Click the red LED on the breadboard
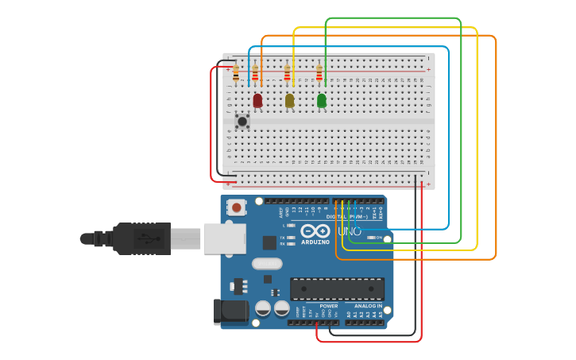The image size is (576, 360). coord(257,100)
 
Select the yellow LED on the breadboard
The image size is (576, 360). coord(289,100)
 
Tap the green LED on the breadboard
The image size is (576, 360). coord(321,100)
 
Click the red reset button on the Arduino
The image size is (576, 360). coord(236,207)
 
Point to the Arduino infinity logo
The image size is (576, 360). coord(315,230)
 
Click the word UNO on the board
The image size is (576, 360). coord(350,231)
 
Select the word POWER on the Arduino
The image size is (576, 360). coord(328,306)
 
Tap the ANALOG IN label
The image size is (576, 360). coord(368,306)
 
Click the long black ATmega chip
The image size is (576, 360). coord(337,288)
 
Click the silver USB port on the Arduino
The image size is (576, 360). coord(224,238)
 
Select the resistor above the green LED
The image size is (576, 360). coord(319,74)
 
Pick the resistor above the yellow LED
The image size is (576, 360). coord(287,74)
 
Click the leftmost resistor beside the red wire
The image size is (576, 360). coord(236,74)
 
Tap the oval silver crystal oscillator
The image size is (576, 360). coord(267,264)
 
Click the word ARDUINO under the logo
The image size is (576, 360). coord(315,242)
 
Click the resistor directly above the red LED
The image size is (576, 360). coord(255,74)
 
